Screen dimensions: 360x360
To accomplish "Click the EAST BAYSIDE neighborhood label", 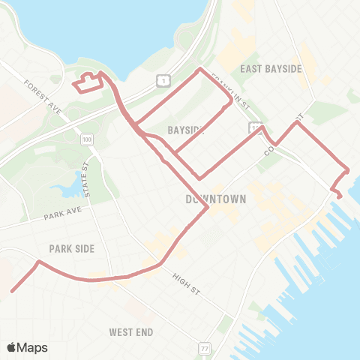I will click(x=271, y=68).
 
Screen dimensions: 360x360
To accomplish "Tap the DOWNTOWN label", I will click(x=216, y=199).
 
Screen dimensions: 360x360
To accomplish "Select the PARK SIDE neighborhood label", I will click(x=71, y=248).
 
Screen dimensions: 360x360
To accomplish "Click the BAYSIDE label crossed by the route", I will click(x=186, y=130).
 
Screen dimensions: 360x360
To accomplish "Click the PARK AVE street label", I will click(x=61, y=216).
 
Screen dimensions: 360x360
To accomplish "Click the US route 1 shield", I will click(x=162, y=79).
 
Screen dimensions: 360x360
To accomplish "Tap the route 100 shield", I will click(x=88, y=140).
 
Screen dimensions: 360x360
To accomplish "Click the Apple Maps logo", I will click(x=27, y=347).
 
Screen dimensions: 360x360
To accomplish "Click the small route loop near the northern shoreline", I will click(x=87, y=82).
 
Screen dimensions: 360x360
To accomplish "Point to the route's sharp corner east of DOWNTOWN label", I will click(x=207, y=209).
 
